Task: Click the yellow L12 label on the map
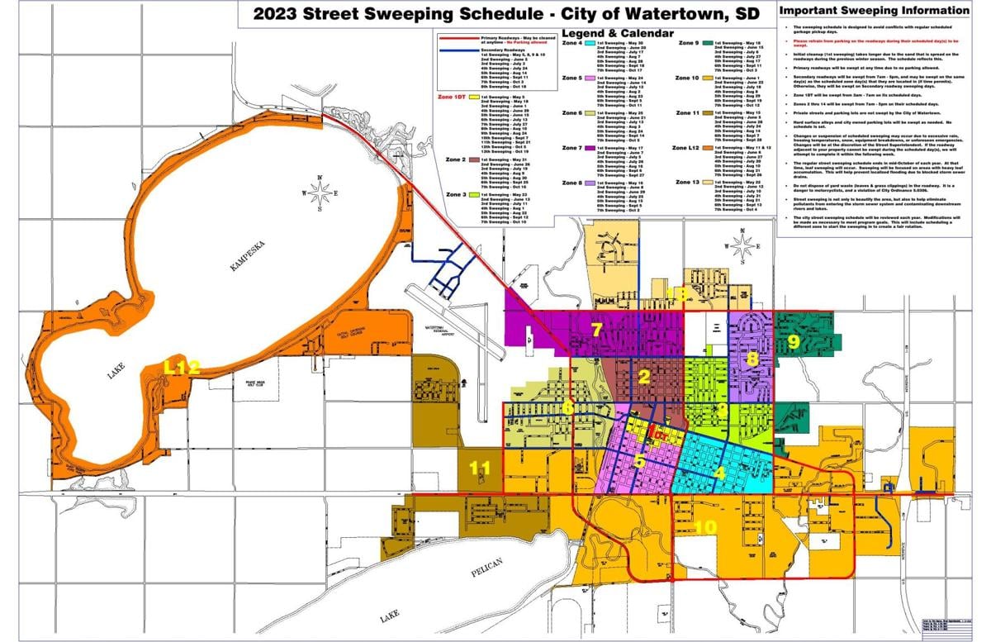pos(182,369)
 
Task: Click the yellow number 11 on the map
pos(479,468)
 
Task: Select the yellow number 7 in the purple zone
pos(597,330)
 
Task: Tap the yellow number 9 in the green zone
pos(794,340)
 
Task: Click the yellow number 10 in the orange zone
pos(705,526)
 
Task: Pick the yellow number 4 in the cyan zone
pos(719,473)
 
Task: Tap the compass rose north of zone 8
pos(743,245)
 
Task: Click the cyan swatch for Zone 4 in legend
pos(590,42)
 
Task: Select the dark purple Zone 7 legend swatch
pos(590,148)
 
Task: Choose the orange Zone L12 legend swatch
pos(708,148)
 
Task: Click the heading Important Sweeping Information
pos(874,11)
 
